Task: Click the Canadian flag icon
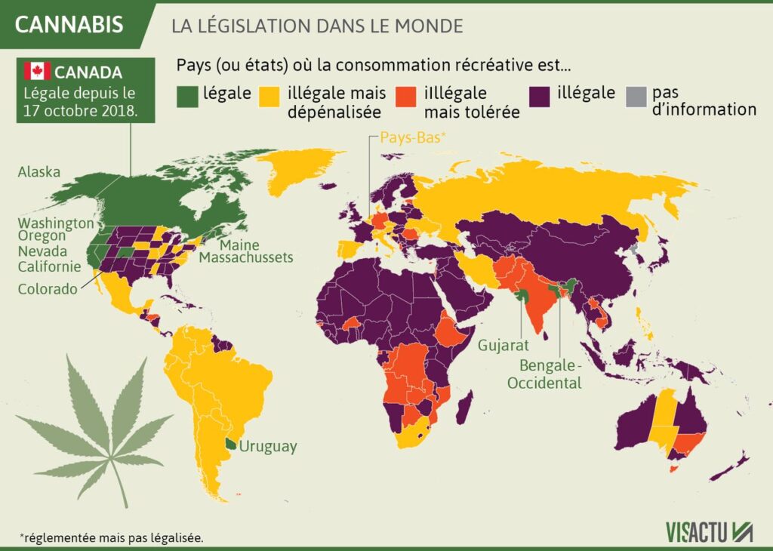(36, 72)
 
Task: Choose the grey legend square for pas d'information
(636, 95)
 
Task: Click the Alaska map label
(38, 172)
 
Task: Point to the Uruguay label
(268, 446)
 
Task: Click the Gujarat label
(503, 346)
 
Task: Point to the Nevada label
(43, 251)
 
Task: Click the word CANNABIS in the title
(69, 25)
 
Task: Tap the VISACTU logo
(709, 531)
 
